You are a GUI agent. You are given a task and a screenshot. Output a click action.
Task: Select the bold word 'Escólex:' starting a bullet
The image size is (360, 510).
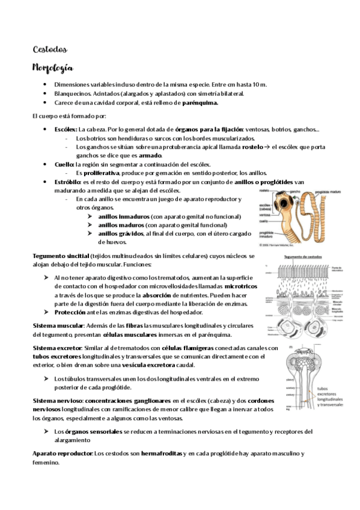tap(66, 129)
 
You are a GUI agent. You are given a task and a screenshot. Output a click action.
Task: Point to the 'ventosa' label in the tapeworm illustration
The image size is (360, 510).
tap(264, 214)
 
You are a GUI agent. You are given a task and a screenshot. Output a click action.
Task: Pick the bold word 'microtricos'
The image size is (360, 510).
tap(237, 286)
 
